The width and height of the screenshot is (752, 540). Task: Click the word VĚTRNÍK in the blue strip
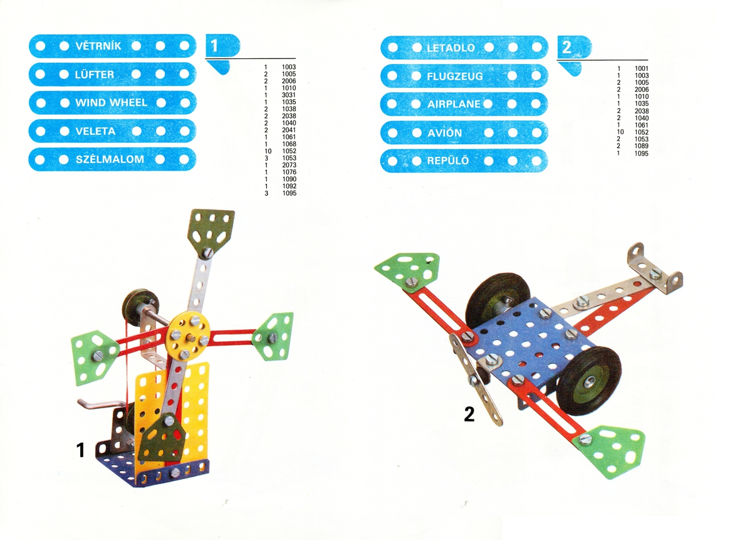pyautogui.click(x=98, y=46)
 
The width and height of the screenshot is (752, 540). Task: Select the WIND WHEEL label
pyautogui.click(x=111, y=102)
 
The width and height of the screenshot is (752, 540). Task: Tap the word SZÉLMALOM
pyautogui.click(x=110, y=159)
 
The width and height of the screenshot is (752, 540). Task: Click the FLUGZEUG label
pyautogui.click(x=454, y=77)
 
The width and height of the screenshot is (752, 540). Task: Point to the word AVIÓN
pyautogui.click(x=444, y=133)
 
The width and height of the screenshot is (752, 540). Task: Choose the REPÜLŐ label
pyautogui.click(x=448, y=161)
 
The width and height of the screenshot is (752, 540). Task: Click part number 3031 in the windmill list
pyautogui.click(x=289, y=95)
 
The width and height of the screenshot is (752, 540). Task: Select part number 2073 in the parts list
pyautogui.click(x=289, y=165)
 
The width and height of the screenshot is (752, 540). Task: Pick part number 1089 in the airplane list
pyautogui.click(x=642, y=146)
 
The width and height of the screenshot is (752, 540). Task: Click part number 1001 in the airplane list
pyautogui.click(x=642, y=68)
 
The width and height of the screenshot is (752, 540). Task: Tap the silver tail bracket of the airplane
pyautogui.click(x=655, y=268)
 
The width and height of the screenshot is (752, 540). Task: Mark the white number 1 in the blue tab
pyautogui.click(x=214, y=46)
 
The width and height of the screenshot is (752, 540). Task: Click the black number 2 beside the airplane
pyautogui.click(x=469, y=414)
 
